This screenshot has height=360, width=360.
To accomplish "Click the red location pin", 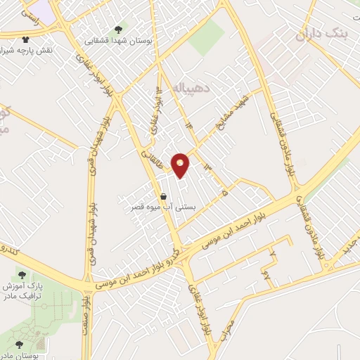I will (x=181, y=165).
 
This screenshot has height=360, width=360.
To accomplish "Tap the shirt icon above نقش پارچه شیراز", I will (x=26, y=40).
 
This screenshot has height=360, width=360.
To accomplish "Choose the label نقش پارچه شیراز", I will (x=26, y=51).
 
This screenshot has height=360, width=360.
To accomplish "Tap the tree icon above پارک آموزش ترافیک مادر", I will (x=23, y=275).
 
